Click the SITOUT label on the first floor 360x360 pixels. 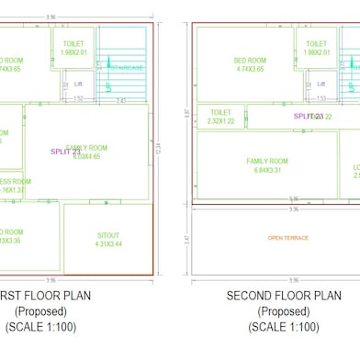click(108, 234)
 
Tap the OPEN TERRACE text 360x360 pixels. click(287, 238)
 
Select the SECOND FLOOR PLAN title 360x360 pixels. click(284, 296)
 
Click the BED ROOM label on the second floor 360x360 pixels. click(250, 60)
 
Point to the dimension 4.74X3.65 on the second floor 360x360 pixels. click(250, 69)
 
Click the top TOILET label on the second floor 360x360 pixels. click(316, 43)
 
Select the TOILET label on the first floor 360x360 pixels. click(73, 43)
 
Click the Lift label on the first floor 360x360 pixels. click(65, 84)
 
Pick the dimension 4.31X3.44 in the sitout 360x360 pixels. click(108, 243)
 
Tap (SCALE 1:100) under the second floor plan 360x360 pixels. click(284, 326)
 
